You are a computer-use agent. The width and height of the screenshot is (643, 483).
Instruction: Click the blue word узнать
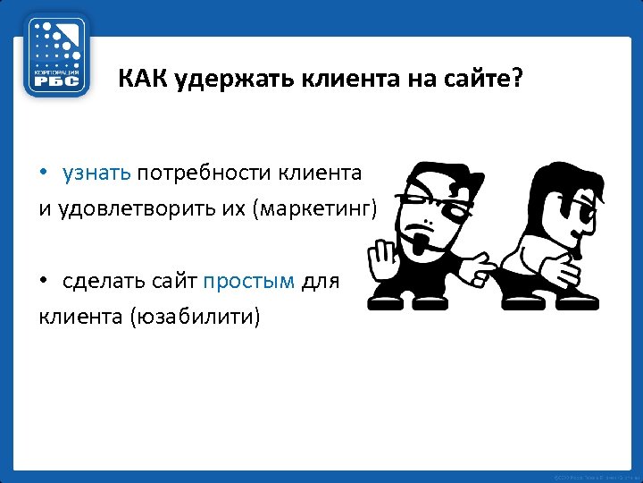coord(96,172)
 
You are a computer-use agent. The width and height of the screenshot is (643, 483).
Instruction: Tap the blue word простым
coord(248,281)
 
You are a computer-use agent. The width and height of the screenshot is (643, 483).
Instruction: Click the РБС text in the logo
coord(56,80)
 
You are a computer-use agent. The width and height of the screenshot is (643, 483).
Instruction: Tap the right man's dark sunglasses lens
coord(585,215)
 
